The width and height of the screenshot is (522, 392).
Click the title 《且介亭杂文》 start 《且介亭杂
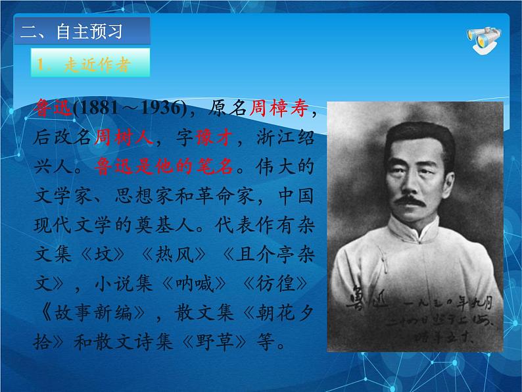pos(250,255)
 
